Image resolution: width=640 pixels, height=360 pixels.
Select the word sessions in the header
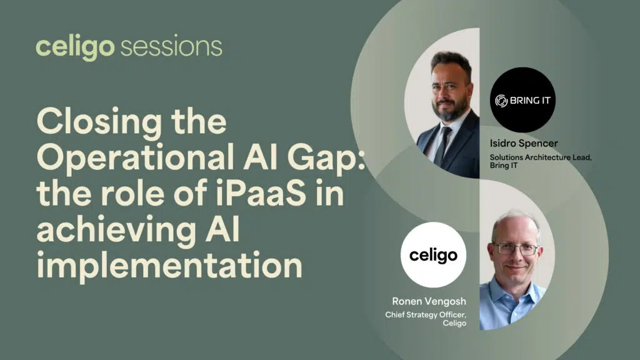tap(170, 47)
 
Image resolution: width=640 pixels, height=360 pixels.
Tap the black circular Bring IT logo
tap(522, 100)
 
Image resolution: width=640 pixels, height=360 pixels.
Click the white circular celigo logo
tap(433, 255)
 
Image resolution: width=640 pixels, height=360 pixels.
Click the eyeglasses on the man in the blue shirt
tap(514, 249)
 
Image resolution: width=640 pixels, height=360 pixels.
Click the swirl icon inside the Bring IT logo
tap(501, 100)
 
